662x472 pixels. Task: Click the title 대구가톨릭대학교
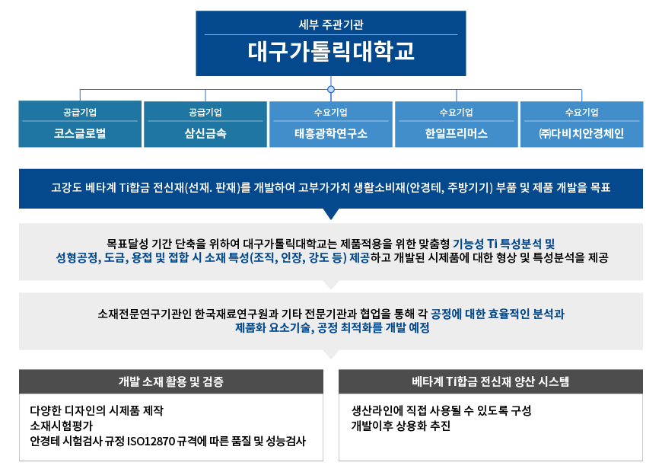tap(331, 52)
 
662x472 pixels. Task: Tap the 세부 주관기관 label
tap(331, 24)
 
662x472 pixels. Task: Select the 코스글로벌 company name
tap(80, 133)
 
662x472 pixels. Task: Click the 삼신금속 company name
tap(205, 133)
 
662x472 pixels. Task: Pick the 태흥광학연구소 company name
tap(331, 133)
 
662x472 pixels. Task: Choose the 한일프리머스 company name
tap(457, 133)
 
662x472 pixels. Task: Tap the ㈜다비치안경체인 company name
tap(582, 133)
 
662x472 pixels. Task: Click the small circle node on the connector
tap(331, 89)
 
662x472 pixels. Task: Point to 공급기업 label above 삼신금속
tap(205, 113)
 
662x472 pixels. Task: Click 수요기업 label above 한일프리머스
tap(457, 113)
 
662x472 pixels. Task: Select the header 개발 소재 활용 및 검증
tap(171, 381)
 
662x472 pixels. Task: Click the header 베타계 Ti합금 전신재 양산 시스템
tap(491, 381)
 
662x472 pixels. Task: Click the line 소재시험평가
tap(61, 426)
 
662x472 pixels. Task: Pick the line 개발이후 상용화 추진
tap(401, 426)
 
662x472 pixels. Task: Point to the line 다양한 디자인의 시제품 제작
tap(97, 410)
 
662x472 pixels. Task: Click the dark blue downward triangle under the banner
tap(331, 214)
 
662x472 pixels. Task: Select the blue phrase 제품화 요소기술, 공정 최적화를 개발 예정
tap(333, 327)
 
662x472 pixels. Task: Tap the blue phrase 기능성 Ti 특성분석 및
tap(504, 244)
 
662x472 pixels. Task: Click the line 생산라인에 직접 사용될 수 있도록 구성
tap(441, 410)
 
